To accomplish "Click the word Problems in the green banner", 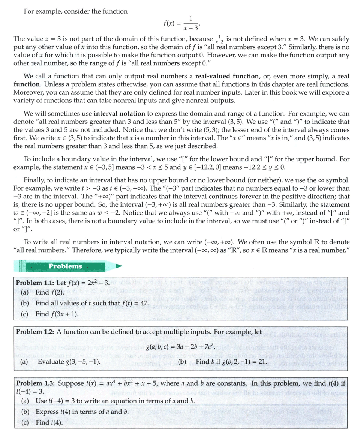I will pos(65,266).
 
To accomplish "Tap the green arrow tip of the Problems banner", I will pos(120,266).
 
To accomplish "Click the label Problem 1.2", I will pos(35,332).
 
